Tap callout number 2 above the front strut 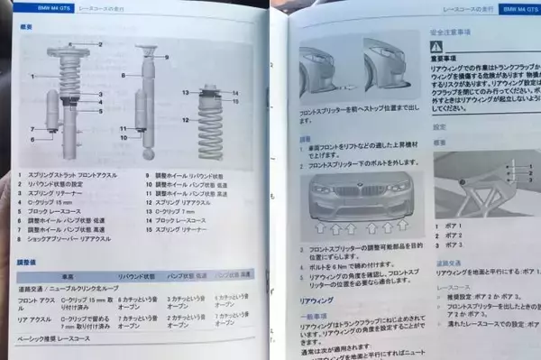(100, 44)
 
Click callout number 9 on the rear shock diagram (166, 57)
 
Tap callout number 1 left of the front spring (32, 77)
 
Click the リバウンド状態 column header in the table (136, 276)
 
